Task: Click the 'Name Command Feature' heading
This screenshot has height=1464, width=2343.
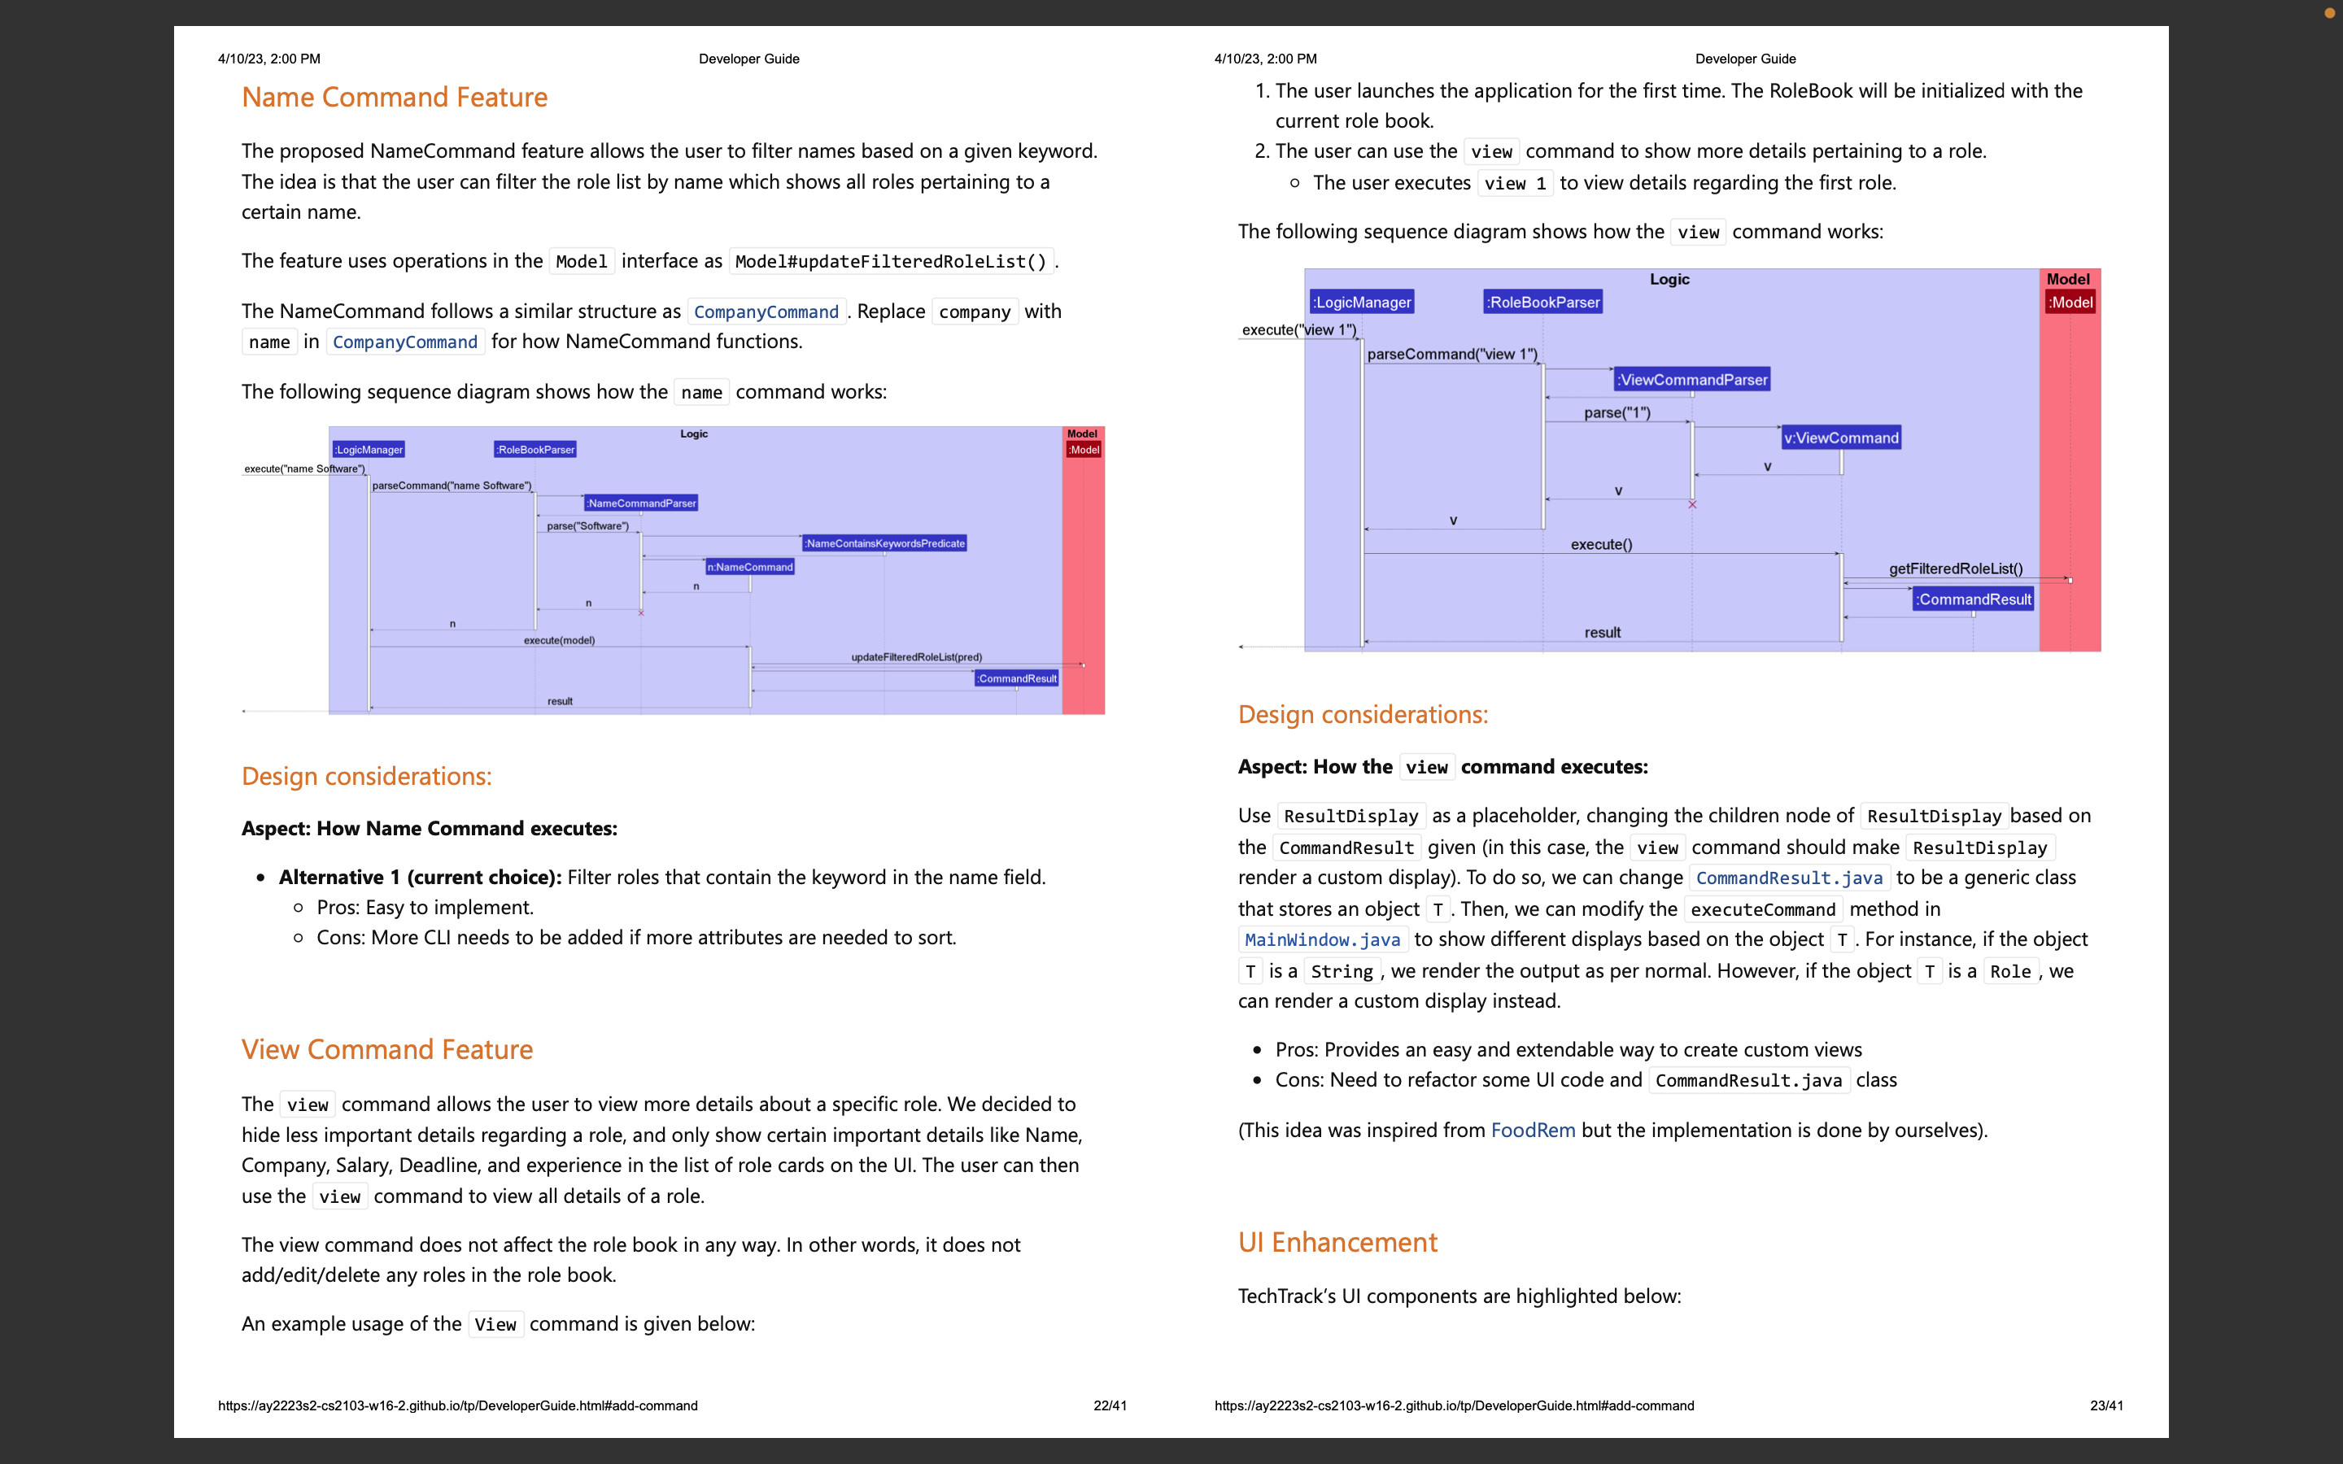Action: point(394,97)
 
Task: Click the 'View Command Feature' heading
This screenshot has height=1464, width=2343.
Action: point(386,1049)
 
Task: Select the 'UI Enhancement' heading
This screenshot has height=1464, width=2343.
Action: point(1337,1242)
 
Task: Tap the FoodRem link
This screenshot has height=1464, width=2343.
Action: point(1532,1130)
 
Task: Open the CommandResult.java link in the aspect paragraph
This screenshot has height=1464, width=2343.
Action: point(1788,878)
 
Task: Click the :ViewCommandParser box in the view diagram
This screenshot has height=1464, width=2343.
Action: point(1691,380)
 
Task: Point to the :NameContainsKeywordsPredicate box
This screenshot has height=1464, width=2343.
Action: point(884,543)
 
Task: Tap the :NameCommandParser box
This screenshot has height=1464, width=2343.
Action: point(641,503)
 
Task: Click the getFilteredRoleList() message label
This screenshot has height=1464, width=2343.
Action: point(1955,569)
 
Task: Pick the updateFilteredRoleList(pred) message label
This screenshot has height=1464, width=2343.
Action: point(916,657)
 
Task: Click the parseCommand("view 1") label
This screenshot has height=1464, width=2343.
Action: point(1451,355)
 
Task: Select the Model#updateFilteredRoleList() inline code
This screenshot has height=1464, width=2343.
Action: point(891,261)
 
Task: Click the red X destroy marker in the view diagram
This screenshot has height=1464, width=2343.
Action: point(1692,504)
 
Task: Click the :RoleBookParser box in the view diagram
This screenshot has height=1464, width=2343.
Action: point(1542,302)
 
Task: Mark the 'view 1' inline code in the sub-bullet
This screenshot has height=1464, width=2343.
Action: point(1514,183)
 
